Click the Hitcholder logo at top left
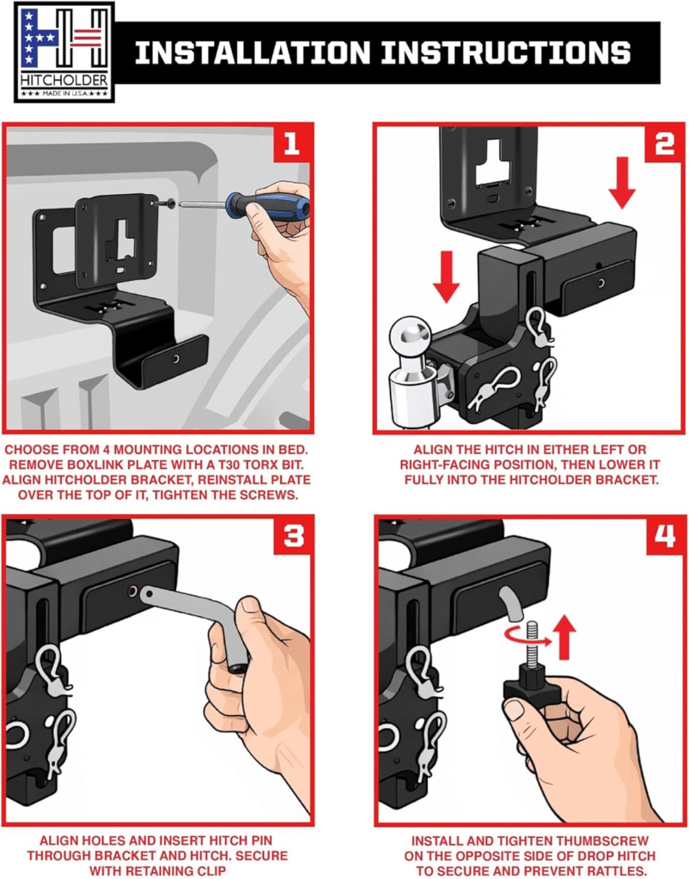64,52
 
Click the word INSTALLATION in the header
253,52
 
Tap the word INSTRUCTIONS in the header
506,52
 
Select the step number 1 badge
291,144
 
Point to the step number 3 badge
293,536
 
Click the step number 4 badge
666,536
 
